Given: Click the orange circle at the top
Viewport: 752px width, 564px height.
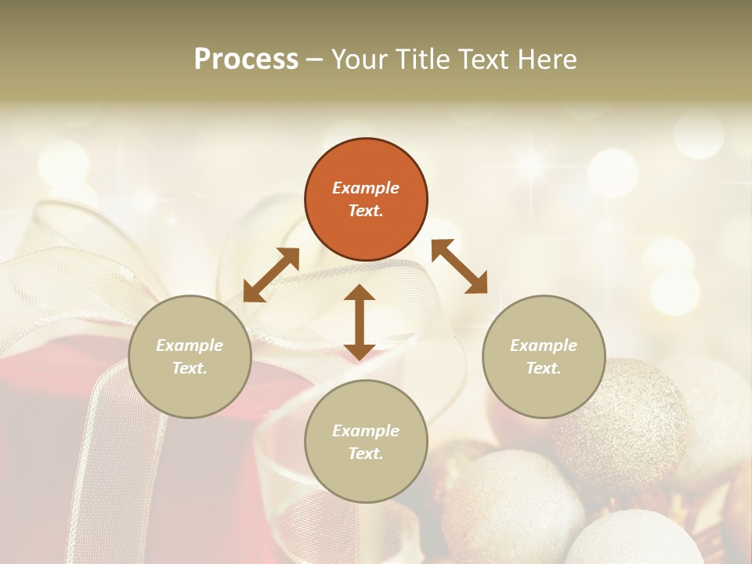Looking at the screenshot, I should point(366,200).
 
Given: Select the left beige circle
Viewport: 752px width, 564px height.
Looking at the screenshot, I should point(190,356).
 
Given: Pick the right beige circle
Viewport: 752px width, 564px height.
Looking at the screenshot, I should point(544,356).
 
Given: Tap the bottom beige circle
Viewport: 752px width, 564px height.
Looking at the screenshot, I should point(366,442).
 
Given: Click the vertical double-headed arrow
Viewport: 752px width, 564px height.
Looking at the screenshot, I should point(360,322).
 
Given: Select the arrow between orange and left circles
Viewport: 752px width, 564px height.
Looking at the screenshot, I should point(271,275).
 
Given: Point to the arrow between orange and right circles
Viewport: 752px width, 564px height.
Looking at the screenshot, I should point(459,266).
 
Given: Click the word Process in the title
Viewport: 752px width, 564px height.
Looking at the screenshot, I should point(246,60).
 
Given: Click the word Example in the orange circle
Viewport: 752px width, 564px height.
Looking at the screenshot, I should point(366,188).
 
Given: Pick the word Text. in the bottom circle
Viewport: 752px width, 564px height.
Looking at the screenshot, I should point(366,454).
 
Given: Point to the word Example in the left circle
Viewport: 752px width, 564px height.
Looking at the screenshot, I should point(190,345).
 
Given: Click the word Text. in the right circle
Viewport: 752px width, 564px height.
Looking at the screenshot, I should point(544,368).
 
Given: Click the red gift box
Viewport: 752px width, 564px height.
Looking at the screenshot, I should point(47,439).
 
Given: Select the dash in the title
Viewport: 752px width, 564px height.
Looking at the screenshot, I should point(315,60).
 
